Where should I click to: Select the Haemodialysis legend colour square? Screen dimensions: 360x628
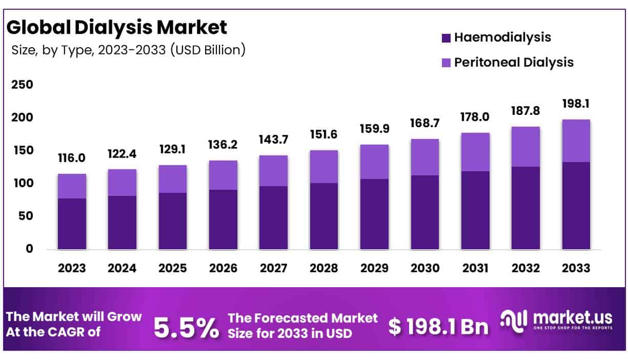[x=445, y=37]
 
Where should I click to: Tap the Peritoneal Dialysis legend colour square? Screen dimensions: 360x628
[x=445, y=63]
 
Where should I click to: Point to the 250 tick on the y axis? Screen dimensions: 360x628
[x=22, y=85]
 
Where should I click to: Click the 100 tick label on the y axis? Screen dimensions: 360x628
[x=22, y=183]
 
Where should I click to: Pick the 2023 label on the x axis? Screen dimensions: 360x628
[x=72, y=268]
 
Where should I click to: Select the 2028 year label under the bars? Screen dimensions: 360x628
[x=323, y=268]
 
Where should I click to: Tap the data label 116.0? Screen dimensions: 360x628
[x=72, y=158]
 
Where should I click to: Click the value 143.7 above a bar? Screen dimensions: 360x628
[x=273, y=139]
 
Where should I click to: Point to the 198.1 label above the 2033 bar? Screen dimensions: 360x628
[x=576, y=104]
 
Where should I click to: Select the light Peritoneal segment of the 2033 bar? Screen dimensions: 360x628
[x=576, y=141]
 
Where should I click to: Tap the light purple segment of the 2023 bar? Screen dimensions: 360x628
[x=72, y=186]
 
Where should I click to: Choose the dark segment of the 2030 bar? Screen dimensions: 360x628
[x=424, y=212]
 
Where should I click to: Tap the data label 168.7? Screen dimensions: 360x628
[x=424, y=124]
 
